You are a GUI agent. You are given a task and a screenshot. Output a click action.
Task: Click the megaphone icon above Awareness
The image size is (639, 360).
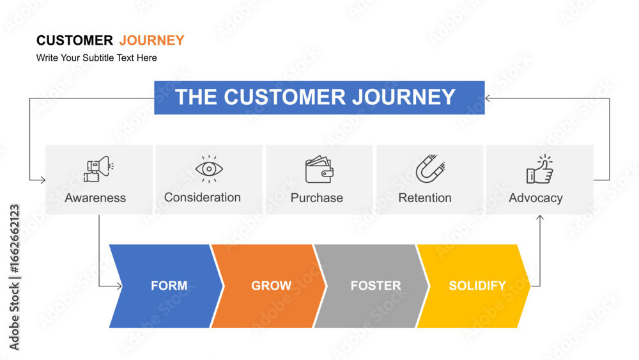click(x=98, y=169)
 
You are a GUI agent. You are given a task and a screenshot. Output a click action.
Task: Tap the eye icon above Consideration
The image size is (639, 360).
click(x=209, y=169)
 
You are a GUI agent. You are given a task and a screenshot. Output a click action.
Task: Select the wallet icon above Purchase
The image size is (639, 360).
click(x=319, y=169)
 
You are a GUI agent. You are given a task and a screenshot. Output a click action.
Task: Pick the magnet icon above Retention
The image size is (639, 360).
click(x=430, y=169)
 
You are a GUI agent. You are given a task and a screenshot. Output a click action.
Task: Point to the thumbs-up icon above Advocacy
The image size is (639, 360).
click(x=540, y=169)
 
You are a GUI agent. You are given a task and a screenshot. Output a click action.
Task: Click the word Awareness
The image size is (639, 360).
click(x=95, y=198)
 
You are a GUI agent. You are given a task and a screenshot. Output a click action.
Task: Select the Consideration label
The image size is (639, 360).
click(x=203, y=198)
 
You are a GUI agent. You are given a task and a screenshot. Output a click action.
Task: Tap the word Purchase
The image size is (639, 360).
click(x=317, y=198)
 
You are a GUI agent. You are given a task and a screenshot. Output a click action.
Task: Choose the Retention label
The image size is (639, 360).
click(x=425, y=198)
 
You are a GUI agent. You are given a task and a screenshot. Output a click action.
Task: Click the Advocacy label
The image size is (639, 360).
click(x=535, y=198)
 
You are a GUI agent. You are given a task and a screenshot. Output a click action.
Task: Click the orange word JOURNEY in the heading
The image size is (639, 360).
click(x=151, y=40)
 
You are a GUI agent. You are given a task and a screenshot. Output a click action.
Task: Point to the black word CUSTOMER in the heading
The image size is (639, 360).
click(x=75, y=40)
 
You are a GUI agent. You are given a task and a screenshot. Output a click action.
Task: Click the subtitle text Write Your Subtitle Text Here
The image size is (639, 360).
click(x=96, y=58)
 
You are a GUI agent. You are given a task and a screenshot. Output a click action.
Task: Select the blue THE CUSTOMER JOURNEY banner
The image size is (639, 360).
click(x=319, y=98)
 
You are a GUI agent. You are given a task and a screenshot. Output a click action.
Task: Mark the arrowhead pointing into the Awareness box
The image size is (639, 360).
click(x=43, y=180)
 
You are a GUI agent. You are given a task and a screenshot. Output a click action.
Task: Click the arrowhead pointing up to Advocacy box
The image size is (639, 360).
click(x=540, y=217)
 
